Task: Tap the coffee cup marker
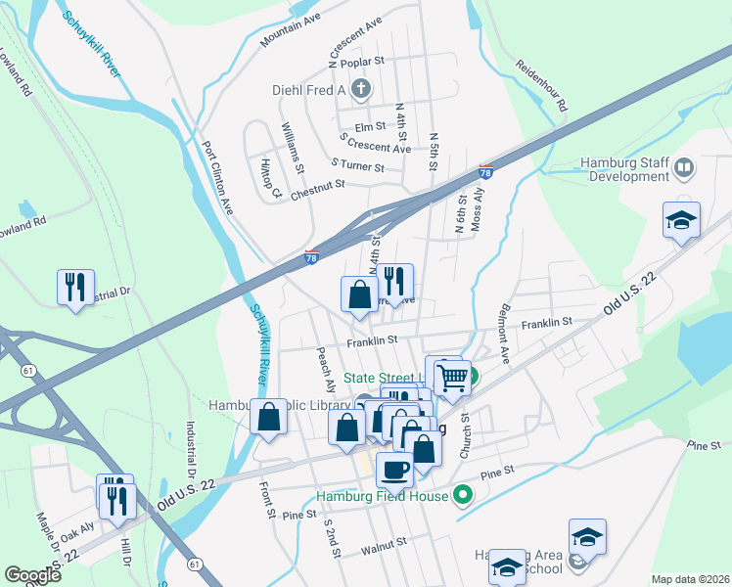pos(394,469)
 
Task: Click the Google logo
pos(32,575)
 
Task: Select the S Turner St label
pos(357,165)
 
